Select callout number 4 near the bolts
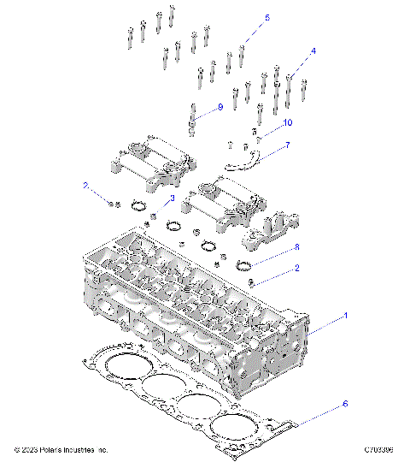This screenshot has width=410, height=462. click(313, 51)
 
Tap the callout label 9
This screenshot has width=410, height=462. click(220, 107)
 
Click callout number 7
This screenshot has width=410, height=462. click(287, 145)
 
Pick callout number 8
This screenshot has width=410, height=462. click(297, 247)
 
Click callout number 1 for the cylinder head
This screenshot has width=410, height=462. click(346, 316)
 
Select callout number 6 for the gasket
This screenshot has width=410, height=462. click(345, 401)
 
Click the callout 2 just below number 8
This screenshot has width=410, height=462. click(296, 268)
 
